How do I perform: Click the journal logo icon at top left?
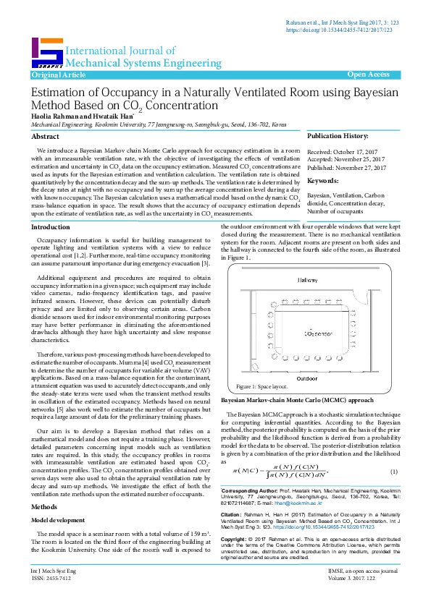coord(46,52)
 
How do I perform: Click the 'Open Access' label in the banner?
coord(369,74)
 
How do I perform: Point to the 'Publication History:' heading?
coord(338,136)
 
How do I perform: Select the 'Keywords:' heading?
coord(323,181)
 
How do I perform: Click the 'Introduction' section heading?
coord(51,227)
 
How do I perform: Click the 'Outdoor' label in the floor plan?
coord(307,377)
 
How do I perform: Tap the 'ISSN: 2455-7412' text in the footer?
coord(51,599)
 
